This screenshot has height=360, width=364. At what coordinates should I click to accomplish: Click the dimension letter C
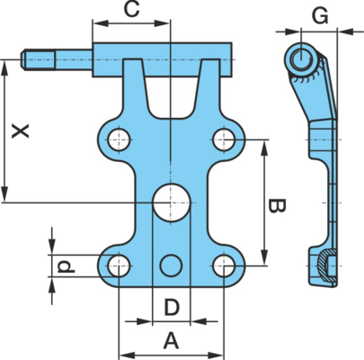click(x=132, y=10)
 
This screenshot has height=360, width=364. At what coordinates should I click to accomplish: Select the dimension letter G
click(x=320, y=16)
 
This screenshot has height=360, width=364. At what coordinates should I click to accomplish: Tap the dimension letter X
click(x=21, y=131)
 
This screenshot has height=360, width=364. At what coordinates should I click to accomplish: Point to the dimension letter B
click(x=276, y=206)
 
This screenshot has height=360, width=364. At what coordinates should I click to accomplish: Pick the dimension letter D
click(x=172, y=307)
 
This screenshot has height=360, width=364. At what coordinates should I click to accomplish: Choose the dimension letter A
click(x=171, y=341)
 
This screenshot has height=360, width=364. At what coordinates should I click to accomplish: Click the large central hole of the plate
click(x=172, y=202)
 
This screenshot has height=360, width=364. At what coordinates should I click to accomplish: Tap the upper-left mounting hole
click(x=119, y=139)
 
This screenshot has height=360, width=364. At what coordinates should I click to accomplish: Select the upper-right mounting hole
click(x=224, y=139)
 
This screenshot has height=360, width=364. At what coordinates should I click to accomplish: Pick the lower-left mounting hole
click(x=119, y=265)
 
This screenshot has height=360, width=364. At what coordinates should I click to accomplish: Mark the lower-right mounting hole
click(x=224, y=265)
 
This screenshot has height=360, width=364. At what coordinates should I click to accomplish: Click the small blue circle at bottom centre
click(x=171, y=265)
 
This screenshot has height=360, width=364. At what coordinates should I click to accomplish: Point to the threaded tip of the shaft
click(x=38, y=59)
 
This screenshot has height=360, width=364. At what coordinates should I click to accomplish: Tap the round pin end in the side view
click(x=301, y=58)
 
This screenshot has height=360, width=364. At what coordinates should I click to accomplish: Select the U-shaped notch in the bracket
click(x=171, y=90)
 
